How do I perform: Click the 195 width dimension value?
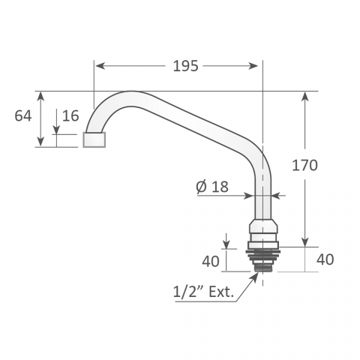185,66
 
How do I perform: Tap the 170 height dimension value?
304,166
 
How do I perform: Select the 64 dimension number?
23,116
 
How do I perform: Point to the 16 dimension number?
70,115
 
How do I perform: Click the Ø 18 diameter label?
212,187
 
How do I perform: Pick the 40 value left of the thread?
211,261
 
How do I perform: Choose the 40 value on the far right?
325,259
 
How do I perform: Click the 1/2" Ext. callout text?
204,292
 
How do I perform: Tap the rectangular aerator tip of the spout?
94,139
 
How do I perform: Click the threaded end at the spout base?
262,268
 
